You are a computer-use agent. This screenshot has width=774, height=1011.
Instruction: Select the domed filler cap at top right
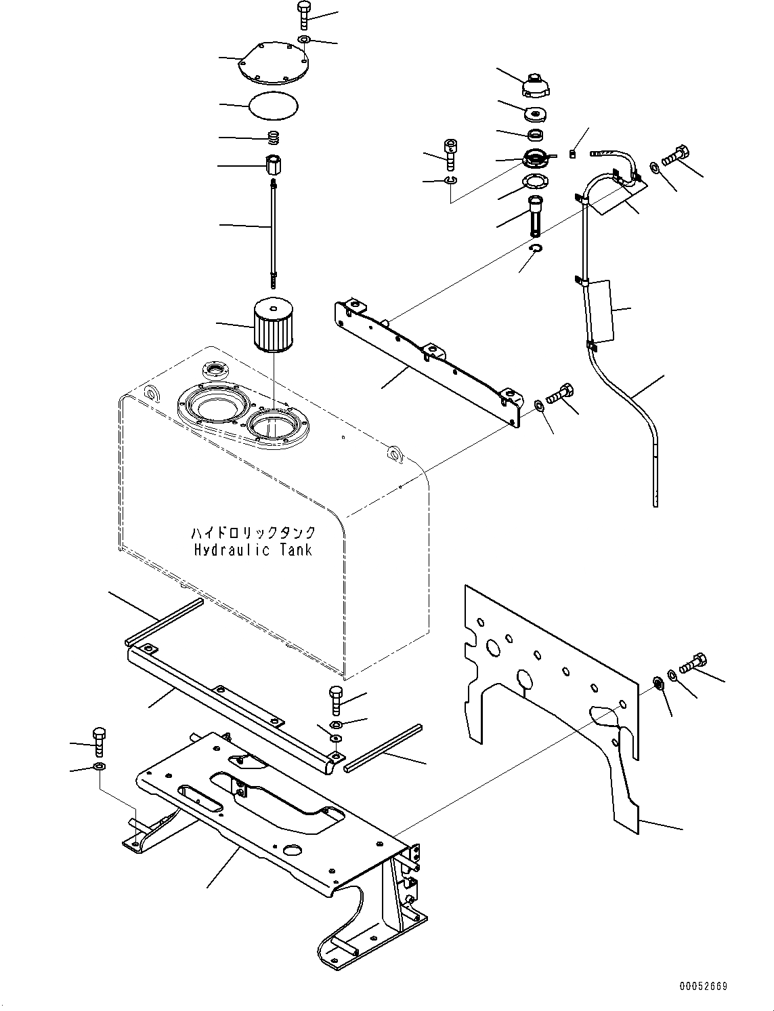click(535, 87)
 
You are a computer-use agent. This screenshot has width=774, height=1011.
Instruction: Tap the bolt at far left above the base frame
click(98, 741)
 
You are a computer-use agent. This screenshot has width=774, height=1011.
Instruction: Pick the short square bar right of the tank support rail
click(383, 748)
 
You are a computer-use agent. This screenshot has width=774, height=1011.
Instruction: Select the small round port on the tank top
click(215, 371)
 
